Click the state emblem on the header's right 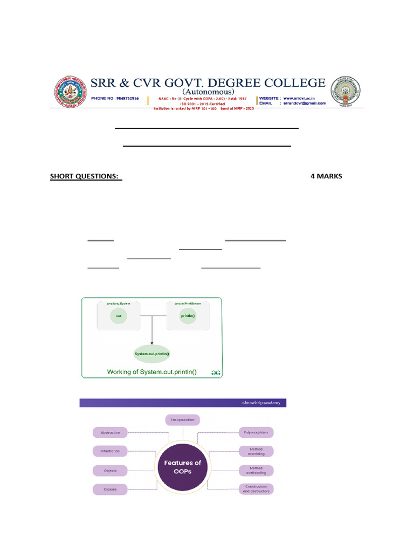345,90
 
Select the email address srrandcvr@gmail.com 305,103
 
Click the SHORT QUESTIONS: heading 85,176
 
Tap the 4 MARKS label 326,176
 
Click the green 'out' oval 118,316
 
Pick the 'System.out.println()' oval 151,354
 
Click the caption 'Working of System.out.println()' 151,371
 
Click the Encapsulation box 182,419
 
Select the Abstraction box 110,432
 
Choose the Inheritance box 110,451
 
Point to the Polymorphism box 256,432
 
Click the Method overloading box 256,470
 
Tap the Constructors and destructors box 256,489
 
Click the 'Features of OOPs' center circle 182,467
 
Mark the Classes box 110,489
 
